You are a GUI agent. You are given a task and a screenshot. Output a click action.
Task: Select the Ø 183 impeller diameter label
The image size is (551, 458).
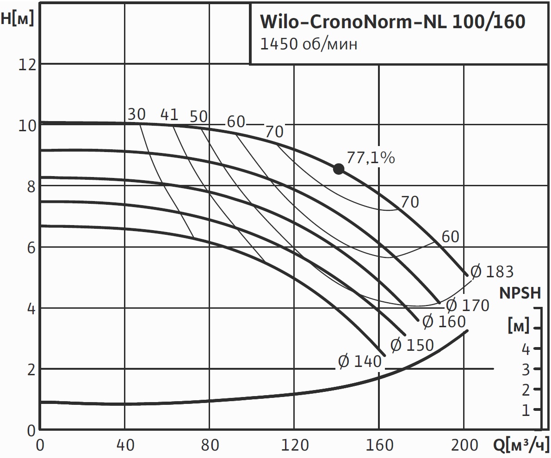coord(492,272)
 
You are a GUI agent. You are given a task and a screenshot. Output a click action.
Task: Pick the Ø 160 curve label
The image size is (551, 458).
coord(444,321)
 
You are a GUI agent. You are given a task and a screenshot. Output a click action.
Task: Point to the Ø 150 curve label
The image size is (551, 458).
coord(412,345)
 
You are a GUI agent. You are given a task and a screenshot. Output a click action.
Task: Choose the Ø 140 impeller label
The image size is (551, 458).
coord(360,361)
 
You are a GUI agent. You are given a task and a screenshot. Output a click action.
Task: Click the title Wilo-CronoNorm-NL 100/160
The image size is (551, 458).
coord(393,22)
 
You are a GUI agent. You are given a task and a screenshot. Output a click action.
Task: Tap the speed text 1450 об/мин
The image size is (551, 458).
coord(309,45)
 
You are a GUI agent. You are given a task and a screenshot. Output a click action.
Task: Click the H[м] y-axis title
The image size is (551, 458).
coord(18,19)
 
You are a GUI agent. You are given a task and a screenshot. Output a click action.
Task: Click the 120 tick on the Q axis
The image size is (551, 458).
coord(295,446)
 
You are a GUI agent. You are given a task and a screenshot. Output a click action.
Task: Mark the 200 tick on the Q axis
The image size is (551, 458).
coord(464,446)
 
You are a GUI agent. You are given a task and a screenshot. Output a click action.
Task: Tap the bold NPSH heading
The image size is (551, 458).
coord(520,293)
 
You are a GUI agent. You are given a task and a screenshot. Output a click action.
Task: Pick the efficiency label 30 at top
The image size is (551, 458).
coord(136,114)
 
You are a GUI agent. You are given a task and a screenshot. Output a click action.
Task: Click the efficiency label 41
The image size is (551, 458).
coord(169,114)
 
